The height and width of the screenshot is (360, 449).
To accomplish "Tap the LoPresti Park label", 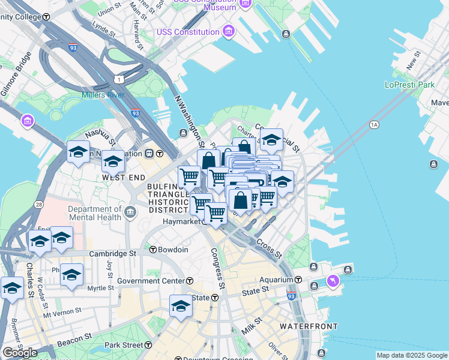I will click(409, 85).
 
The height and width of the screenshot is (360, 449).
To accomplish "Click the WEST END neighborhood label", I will click(124, 178).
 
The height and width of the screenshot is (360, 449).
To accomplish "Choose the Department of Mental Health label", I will click(95, 213).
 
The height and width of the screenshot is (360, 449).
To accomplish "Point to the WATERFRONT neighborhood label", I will click(309, 326).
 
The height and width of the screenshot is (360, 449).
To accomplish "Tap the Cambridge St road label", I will click(112, 254).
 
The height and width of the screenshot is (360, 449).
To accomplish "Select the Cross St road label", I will click(269, 248).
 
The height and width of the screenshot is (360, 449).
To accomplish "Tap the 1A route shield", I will click(375, 125).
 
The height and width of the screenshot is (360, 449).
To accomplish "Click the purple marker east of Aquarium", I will click(333, 280).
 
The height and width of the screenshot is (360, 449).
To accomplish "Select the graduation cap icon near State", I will click(181, 306).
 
